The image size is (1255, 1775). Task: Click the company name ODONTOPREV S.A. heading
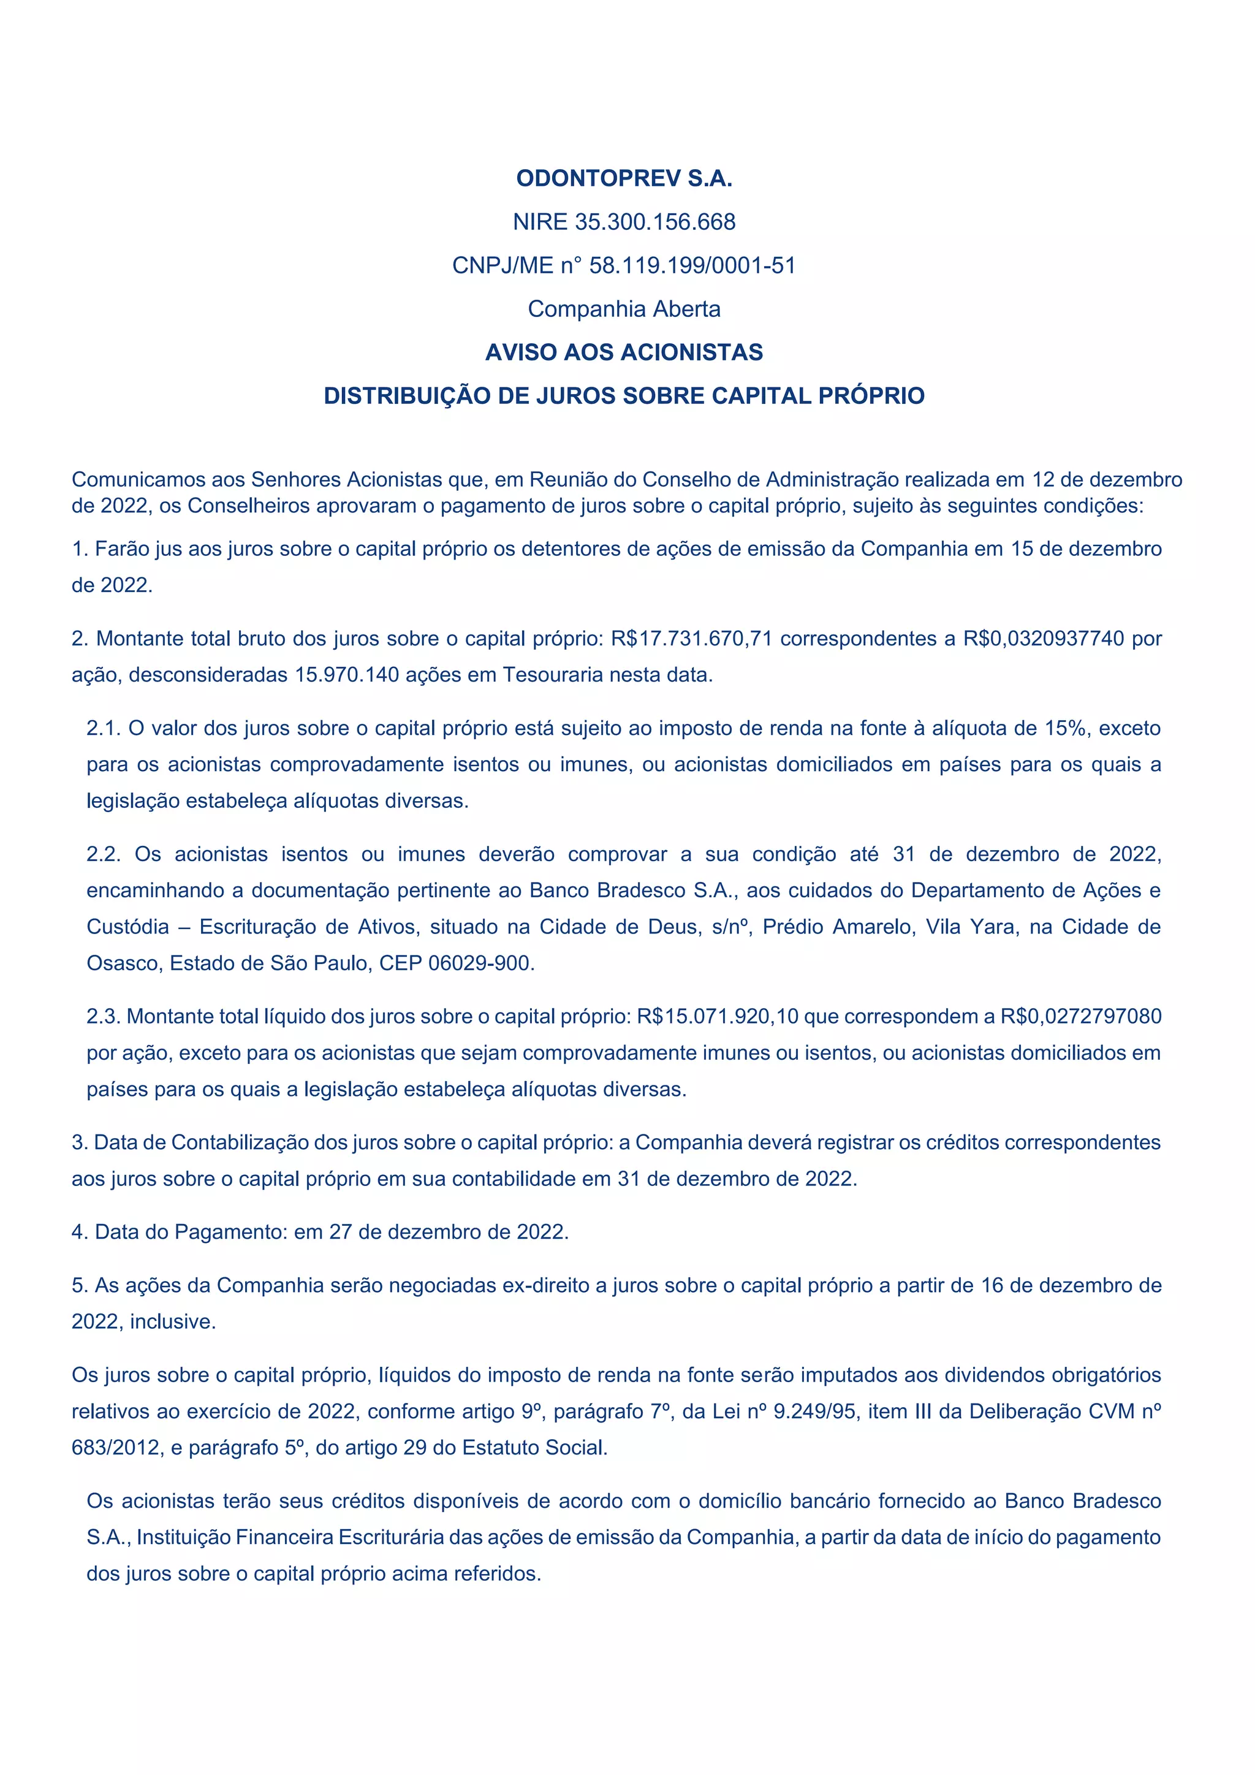(x=624, y=178)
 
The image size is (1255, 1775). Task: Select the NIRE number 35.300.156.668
(x=655, y=222)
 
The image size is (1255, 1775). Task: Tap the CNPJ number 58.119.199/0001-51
(x=692, y=265)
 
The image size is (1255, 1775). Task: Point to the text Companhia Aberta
(x=624, y=308)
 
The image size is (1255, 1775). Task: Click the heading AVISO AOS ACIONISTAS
(x=624, y=352)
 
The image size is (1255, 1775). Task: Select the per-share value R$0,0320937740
(x=1043, y=639)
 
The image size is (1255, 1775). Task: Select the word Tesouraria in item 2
(x=553, y=675)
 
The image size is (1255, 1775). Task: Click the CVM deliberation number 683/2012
(x=113, y=1448)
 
